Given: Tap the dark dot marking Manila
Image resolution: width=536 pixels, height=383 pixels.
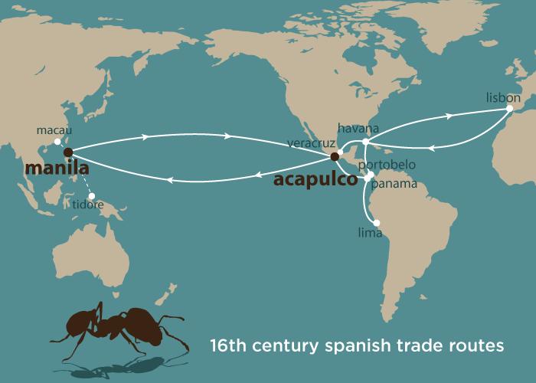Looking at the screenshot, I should [x=68, y=152].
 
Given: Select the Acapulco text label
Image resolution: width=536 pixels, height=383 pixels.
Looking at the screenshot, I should [x=315, y=180].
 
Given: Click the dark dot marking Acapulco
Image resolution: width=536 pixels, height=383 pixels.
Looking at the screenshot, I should [x=334, y=157].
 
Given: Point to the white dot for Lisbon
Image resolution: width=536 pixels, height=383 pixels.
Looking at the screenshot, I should [x=509, y=110].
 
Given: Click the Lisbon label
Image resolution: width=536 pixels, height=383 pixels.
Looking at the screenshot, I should [x=503, y=98].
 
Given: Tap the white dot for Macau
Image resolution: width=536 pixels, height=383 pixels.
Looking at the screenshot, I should [x=57, y=142].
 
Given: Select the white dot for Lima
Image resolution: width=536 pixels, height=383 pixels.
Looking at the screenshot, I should [x=376, y=223].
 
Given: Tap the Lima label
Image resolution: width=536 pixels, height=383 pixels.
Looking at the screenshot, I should [x=369, y=232].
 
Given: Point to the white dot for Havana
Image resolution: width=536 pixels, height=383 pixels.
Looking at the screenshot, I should [x=365, y=142].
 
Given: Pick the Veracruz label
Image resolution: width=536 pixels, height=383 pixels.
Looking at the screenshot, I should [x=310, y=143].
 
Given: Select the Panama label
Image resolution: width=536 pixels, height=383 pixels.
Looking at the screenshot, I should [x=394, y=184].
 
